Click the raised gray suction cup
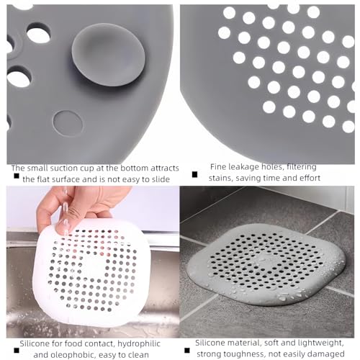(x=108, y=55)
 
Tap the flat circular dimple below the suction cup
(x=68, y=123)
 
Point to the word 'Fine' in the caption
(x=218, y=166)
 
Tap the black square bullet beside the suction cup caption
(x=17, y=176)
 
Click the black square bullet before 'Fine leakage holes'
(x=194, y=174)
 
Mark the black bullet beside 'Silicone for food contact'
(x=17, y=351)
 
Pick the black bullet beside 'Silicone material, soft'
(x=187, y=351)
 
